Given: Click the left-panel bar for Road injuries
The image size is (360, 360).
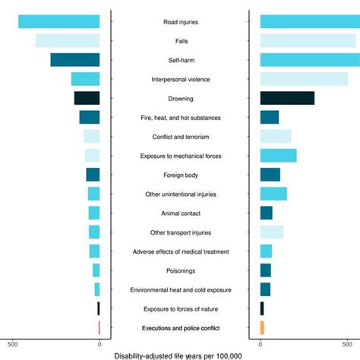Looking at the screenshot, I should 59,22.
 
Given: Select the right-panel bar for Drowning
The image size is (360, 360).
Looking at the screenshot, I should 287,98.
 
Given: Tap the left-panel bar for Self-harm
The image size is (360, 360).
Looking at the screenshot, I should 75,60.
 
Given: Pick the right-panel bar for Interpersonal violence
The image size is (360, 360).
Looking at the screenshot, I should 304,79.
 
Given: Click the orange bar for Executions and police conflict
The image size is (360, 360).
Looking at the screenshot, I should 262,327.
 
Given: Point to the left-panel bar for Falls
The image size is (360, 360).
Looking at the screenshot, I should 68,41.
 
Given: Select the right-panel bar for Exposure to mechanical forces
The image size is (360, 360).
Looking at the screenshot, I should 278,155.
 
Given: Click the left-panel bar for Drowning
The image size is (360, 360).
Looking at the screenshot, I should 87,98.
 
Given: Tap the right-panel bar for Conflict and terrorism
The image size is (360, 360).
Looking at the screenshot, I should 275,136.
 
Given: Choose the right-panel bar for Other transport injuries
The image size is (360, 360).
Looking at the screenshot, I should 271,232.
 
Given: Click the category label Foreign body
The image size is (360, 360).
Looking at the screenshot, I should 180,175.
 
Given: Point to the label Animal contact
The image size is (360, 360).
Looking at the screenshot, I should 180,213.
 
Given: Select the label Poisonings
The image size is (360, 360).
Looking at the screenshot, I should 180,270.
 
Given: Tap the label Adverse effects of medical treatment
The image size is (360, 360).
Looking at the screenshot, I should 180,251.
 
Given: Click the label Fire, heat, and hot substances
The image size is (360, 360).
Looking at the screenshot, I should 180,118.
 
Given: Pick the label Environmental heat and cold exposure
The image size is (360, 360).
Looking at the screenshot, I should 180,289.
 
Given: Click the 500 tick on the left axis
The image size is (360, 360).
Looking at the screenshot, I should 13,343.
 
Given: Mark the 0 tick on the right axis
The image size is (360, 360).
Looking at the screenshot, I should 261,343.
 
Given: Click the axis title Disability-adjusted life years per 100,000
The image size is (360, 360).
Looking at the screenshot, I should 178,355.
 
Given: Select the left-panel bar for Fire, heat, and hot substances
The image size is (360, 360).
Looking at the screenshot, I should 90,117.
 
